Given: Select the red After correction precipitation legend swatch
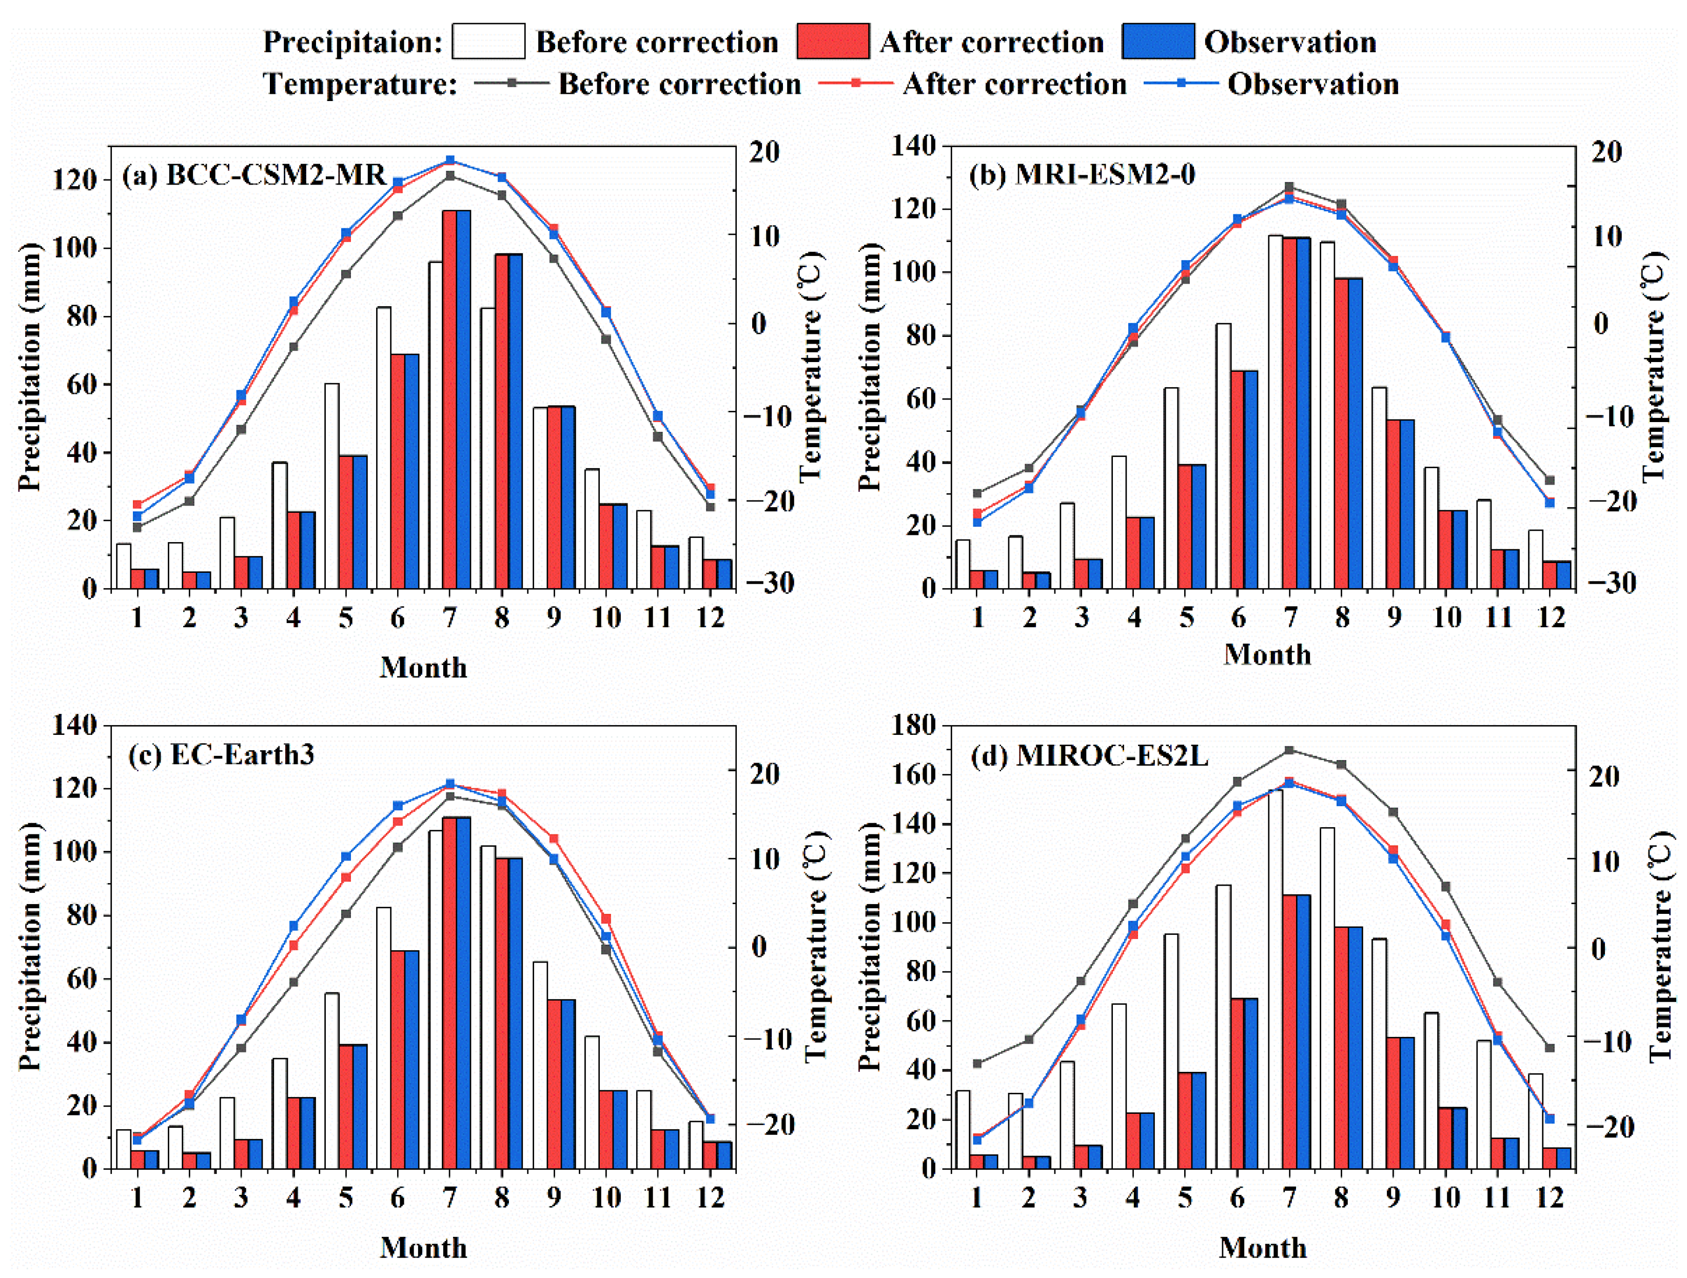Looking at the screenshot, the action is [833, 41].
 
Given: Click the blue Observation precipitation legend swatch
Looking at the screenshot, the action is [1158, 41].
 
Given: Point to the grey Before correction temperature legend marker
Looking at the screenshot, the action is [512, 83].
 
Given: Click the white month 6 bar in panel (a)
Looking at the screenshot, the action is [384, 448].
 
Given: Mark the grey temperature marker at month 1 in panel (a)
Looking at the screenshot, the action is [138, 527].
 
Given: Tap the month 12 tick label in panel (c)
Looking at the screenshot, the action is [710, 1198].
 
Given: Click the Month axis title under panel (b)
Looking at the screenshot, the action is [1267, 654].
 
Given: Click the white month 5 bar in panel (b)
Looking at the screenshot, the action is [1171, 488].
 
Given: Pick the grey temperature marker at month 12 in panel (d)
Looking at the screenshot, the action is [1549, 1048].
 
